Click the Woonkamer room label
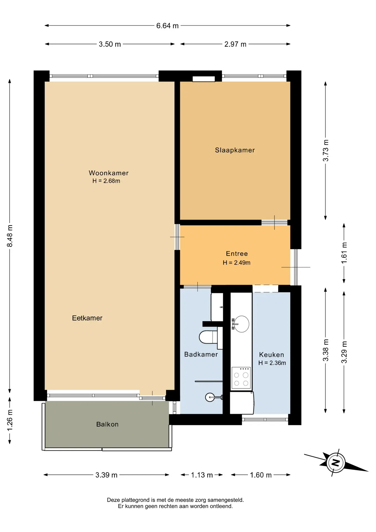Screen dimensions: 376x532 (109, 173)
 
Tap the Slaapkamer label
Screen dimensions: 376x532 (235, 150)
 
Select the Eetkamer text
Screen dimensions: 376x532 (87, 318)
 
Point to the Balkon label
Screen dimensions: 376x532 (107, 424)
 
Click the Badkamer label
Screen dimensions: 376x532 (201, 354)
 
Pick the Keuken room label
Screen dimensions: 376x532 (272, 355)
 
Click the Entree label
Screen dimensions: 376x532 (237, 254)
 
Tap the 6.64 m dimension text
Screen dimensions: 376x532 (167, 26)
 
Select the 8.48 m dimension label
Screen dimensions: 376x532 (10, 236)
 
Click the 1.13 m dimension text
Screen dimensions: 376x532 (202, 475)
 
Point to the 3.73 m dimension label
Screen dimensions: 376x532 (326, 150)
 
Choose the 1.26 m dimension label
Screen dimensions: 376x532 (10, 420)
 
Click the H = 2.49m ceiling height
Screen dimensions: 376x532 (237, 263)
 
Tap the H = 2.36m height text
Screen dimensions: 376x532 (272, 363)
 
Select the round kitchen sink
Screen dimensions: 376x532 (241, 324)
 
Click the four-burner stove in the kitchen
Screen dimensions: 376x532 (241, 378)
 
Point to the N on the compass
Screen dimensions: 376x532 (336, 462)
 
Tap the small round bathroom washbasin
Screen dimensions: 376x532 (210, 397)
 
